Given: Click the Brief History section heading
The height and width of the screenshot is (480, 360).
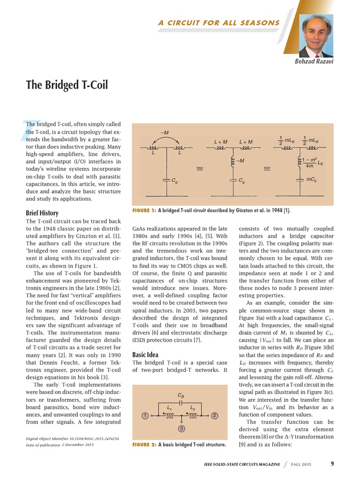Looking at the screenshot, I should pos(42,213).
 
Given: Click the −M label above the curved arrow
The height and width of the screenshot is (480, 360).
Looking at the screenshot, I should pos(165,133).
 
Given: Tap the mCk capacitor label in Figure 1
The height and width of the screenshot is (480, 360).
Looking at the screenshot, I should pos(312,180).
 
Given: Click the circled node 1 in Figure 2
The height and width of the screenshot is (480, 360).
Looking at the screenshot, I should pos(145,415).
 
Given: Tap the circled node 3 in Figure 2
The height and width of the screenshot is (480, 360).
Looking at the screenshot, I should pos(180,428).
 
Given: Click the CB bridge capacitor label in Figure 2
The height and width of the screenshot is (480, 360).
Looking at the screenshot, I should pos(181,395).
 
